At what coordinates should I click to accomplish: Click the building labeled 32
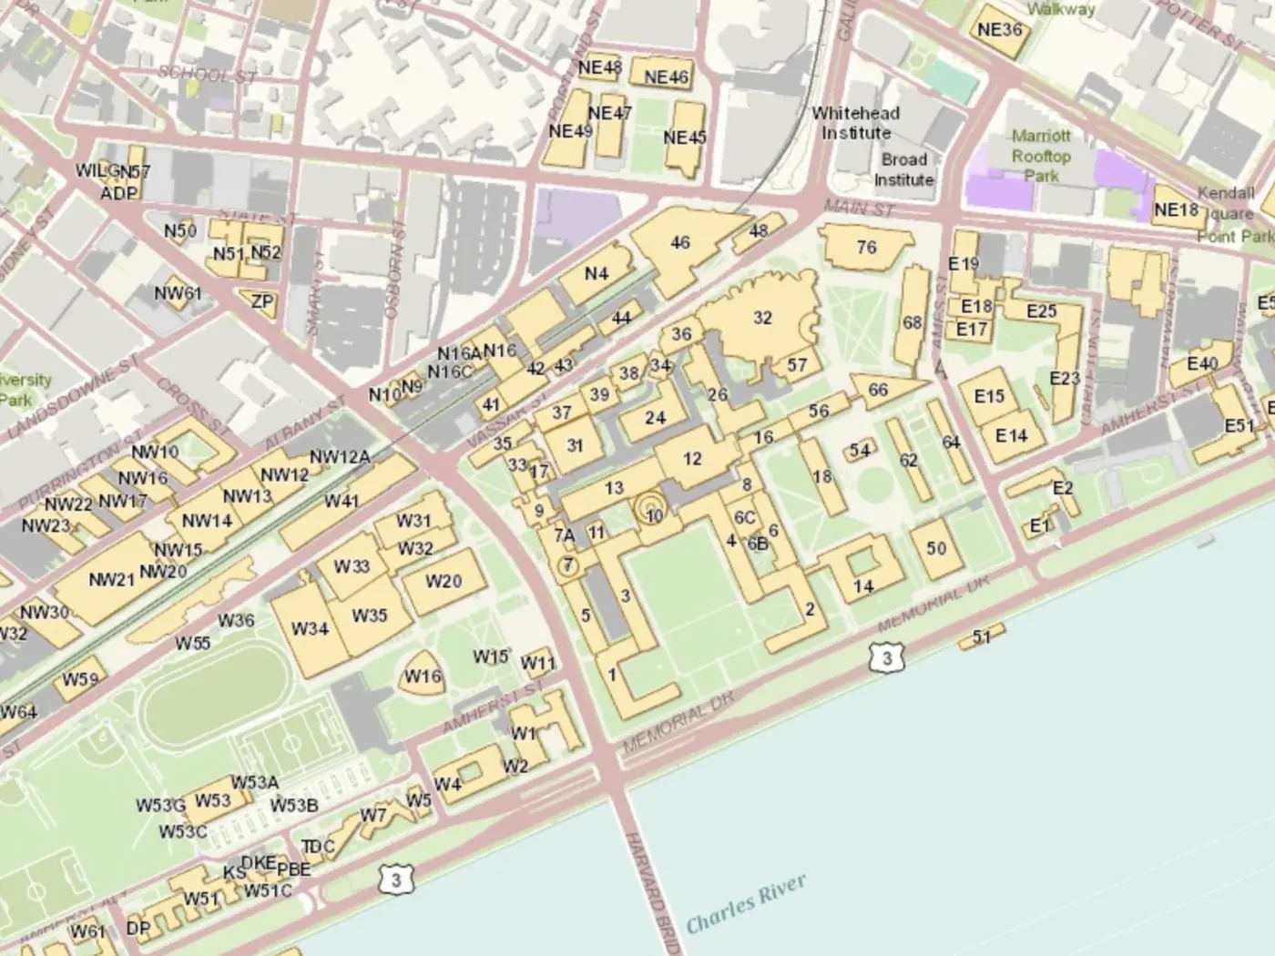[x=762, y=319]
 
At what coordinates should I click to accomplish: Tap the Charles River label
[x=746, y=903]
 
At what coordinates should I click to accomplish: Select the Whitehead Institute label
[x=855, y=123]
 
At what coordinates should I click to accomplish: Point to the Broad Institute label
[x=903, y=169]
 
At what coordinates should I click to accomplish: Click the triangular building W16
[x=423, y=676]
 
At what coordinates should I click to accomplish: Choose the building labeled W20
[x=444, y=581]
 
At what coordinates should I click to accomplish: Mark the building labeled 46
[x=679, y=243]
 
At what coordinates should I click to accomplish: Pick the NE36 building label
[x=999, y=30]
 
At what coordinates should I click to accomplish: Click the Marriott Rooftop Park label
[x=1041, y=155]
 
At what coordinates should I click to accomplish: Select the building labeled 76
[x=866, y=247]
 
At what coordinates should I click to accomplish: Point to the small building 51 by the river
[x=981, y=636]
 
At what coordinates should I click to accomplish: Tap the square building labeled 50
[x=936, y=548]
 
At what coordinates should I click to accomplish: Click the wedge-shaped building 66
[x=878, y=391]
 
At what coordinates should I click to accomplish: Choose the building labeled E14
[x=1011, y=436]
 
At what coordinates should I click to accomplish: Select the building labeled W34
[x=311, y=629]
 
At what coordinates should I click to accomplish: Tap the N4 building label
[x=596, y=274]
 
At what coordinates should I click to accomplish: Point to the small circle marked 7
[x=567, y=565]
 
